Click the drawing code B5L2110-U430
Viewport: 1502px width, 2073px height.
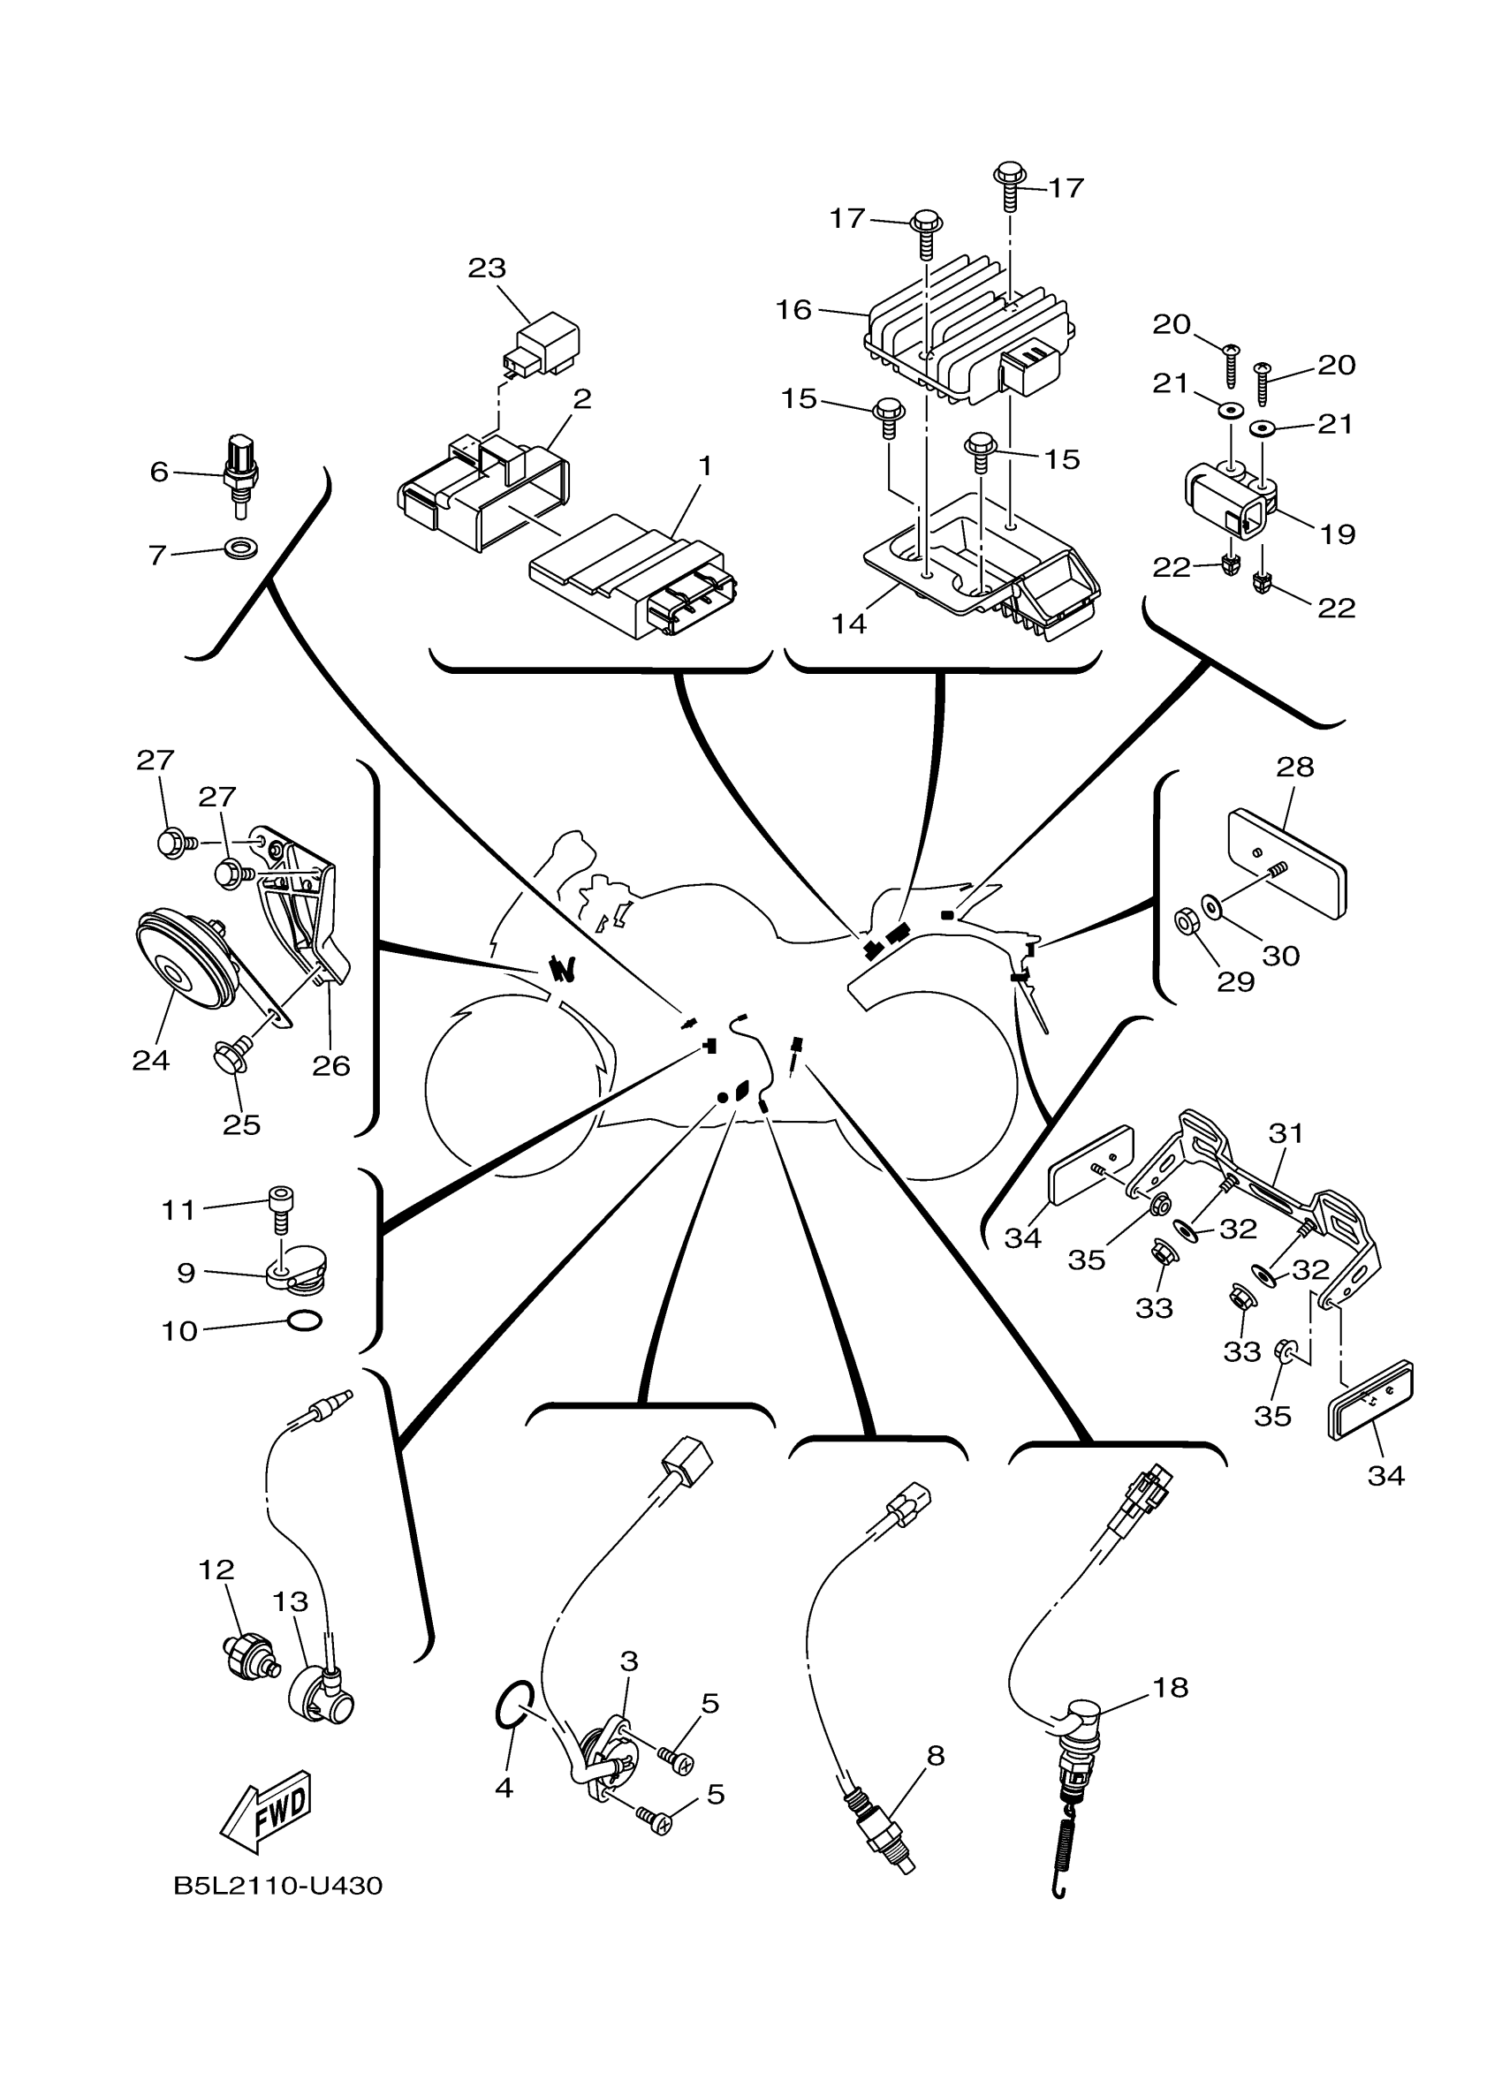point(278,1886)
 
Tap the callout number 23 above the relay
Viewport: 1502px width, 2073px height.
point(486,268)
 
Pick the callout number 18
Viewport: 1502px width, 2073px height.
point(1170,1686)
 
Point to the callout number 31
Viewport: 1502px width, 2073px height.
point(1286,1132)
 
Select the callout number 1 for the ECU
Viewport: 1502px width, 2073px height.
point(704,465)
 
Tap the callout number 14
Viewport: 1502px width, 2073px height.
point(848,624)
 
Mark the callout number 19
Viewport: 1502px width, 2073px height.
point(1338,533)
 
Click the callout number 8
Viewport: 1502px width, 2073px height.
point(935,1755)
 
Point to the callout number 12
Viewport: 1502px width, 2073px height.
point(216,1570)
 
